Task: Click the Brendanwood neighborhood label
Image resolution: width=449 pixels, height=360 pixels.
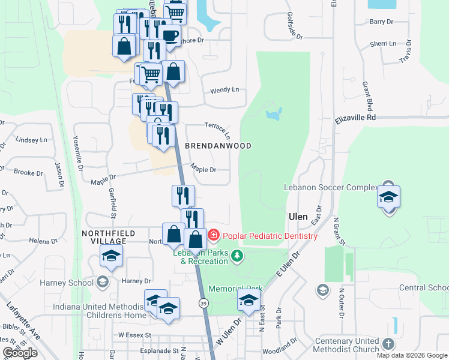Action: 218,146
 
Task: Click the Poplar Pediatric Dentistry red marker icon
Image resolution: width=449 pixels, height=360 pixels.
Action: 213,236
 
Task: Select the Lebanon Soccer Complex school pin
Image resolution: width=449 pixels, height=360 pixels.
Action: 388,197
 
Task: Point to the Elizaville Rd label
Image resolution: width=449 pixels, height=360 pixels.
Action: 355,119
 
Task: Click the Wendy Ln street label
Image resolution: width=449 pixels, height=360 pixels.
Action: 224,90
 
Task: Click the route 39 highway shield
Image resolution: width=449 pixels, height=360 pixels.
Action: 204,304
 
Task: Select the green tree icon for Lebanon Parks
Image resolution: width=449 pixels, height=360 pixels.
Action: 238,256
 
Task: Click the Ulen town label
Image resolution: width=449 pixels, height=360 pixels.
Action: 298,217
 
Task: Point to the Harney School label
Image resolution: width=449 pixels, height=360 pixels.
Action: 68,283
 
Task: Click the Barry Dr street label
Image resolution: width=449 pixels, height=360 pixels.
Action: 381,22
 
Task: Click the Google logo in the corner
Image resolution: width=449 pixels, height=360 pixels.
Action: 20,353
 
